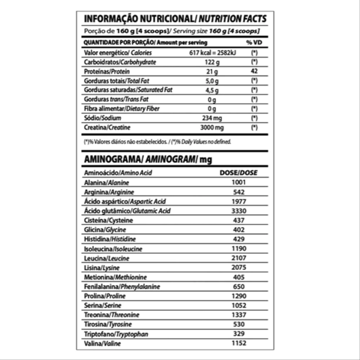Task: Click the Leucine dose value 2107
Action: click(x=239, y=258)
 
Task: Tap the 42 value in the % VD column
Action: click(x=255, y=71)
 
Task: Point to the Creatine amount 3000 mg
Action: click(x=212, y=128)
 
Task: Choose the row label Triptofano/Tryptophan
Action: click(x=116, y=334)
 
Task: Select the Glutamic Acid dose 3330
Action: click(x=239, y=211)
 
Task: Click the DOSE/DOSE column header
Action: click(x=238, y=173)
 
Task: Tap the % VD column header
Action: click(x=254, y=43)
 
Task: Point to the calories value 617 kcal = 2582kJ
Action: click(x=212, y=53)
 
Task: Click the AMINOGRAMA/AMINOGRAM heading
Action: click(x=148, y=159)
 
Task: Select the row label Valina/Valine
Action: click(x=102, y=343)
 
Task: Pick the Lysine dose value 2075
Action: click(x=239, y=268)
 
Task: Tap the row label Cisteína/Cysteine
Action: click(x=109, y=220)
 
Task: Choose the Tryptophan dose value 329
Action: click(x=239, y=334)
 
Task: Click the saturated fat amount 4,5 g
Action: click(x=212, y=90)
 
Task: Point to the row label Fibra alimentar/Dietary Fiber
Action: click(x=122, y=109)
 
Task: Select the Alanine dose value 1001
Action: click(x=239, y=182)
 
